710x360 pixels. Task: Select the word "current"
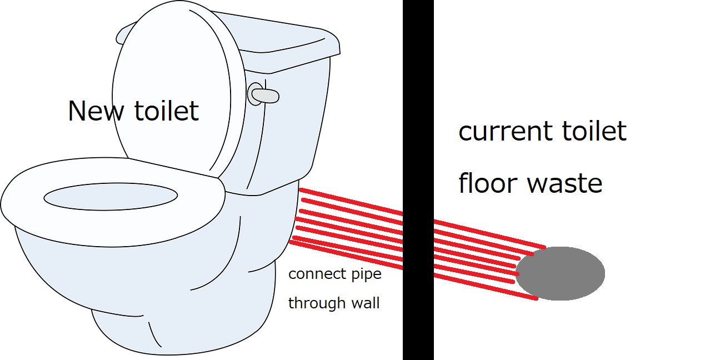pos(503,132)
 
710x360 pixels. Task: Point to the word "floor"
pos(487,183)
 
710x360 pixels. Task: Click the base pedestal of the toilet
pos(183,328)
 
